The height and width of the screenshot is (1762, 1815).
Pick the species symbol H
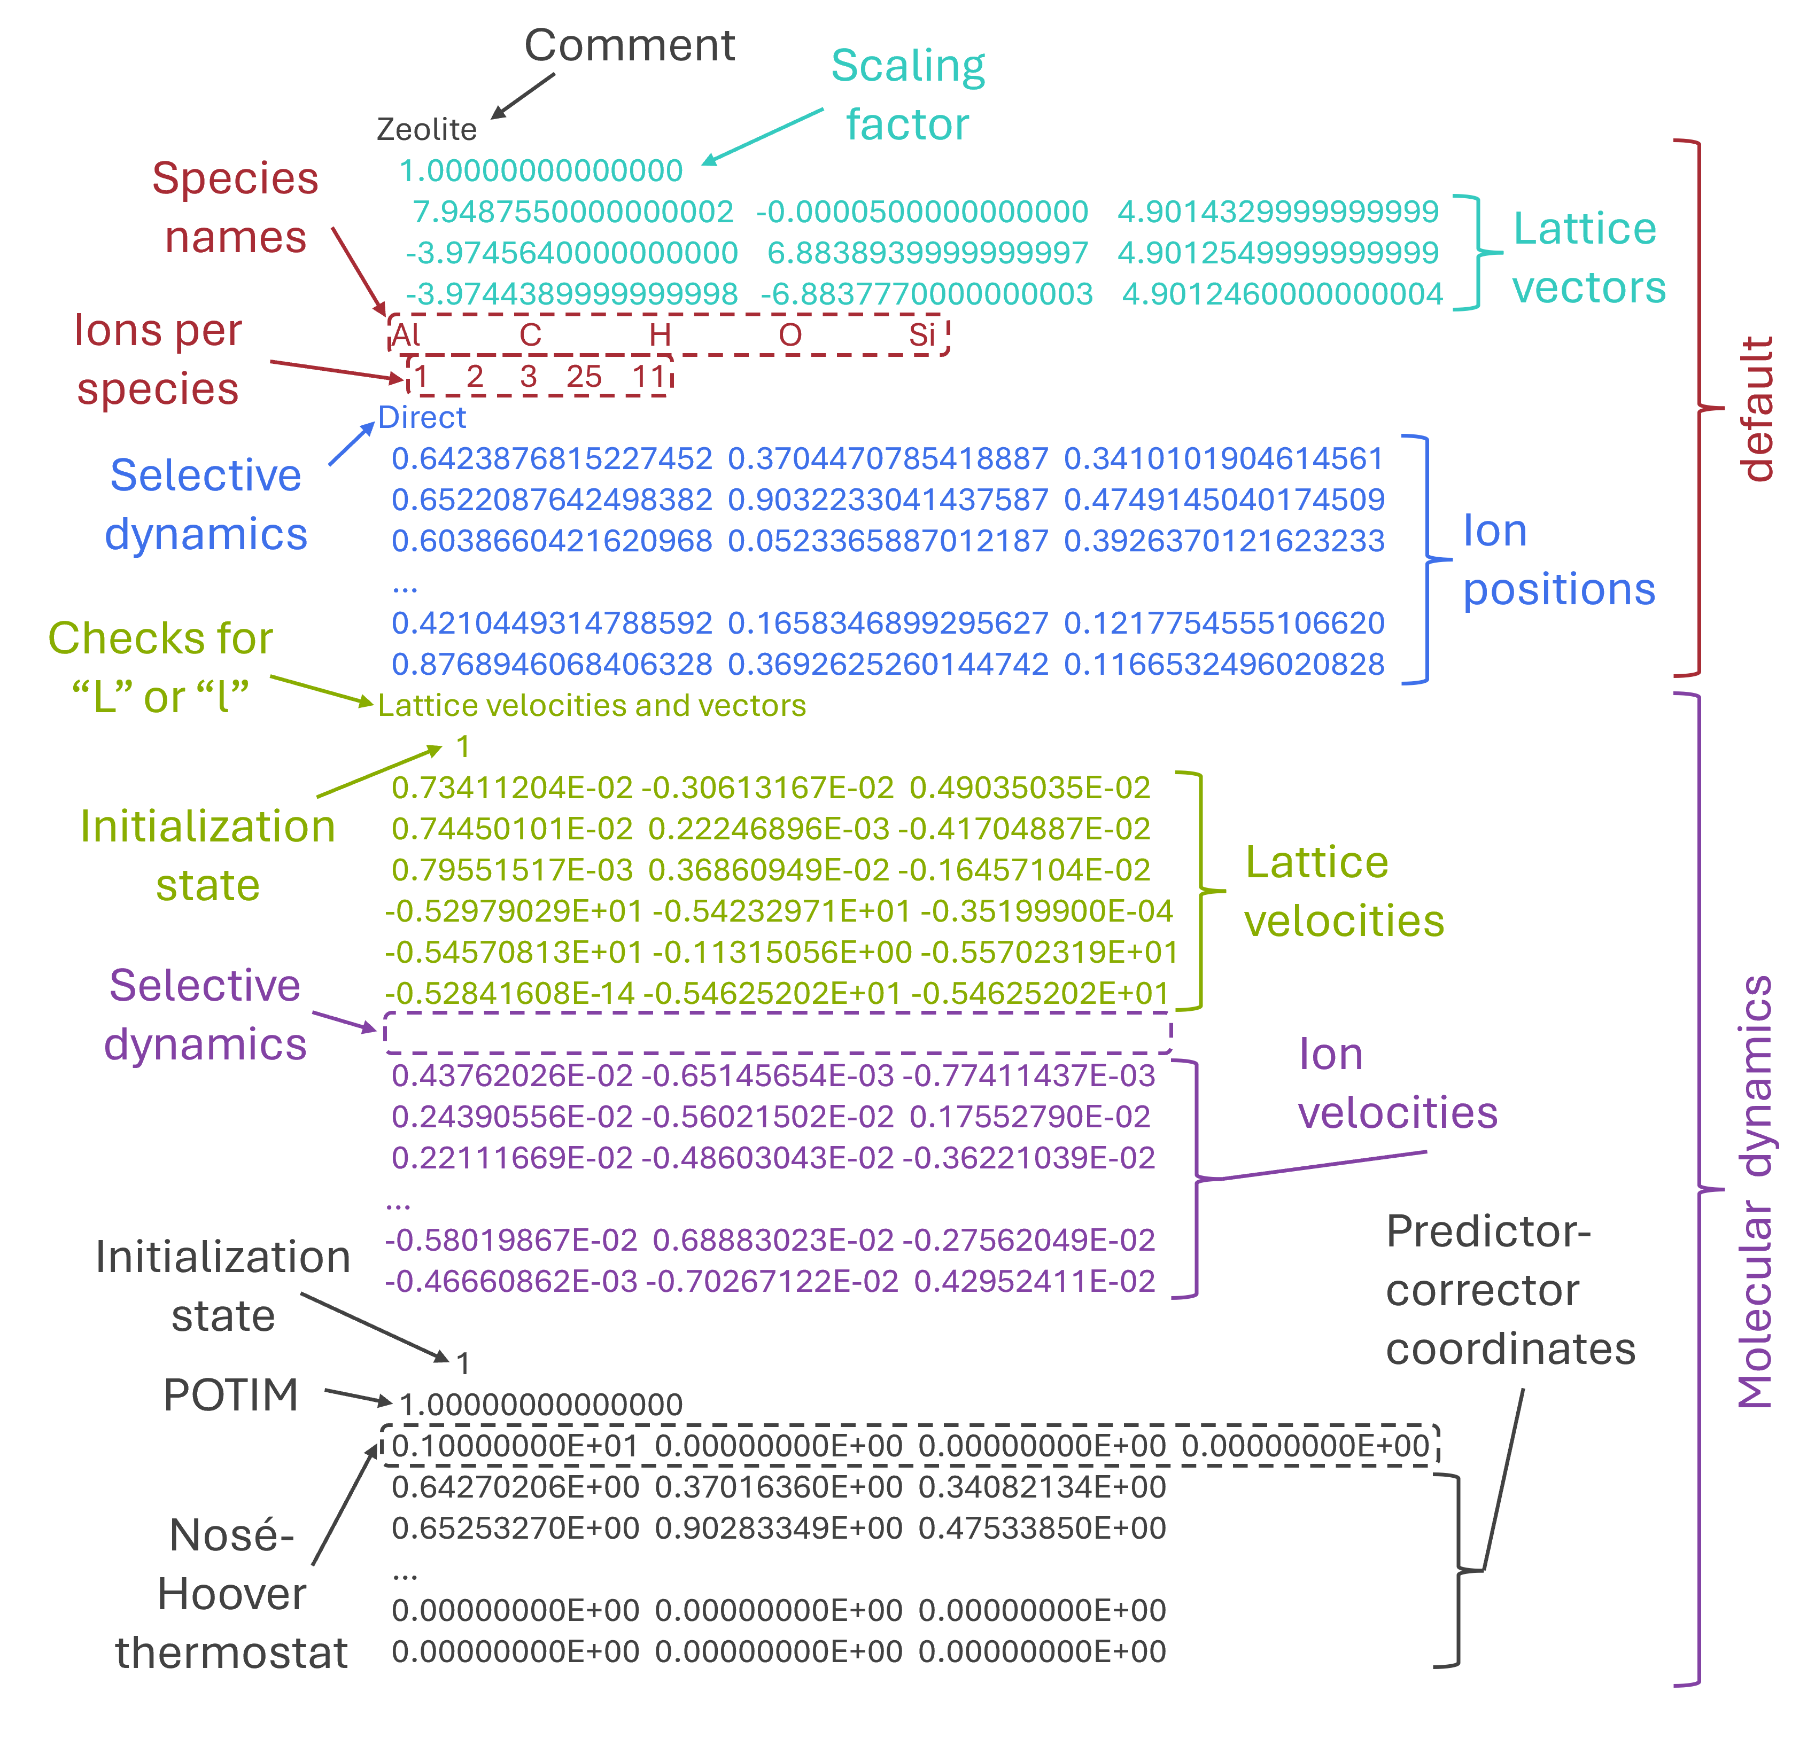point(660,334)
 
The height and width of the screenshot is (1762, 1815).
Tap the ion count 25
point(584,377)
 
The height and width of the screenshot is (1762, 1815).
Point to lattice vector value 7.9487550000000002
point(573,212)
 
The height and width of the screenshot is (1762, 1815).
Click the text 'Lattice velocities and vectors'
point(592,706)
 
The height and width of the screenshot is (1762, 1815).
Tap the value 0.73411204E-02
point(512,788)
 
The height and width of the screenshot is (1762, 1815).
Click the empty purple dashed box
point(778,1032)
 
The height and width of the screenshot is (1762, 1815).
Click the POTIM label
point(230,1394)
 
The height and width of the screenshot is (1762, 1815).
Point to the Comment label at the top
point(630,45)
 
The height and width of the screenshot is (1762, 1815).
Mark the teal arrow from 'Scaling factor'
point(762,136)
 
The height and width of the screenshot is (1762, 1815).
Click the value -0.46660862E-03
point(511,1282)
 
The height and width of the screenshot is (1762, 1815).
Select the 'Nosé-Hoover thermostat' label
point(231,1594)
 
